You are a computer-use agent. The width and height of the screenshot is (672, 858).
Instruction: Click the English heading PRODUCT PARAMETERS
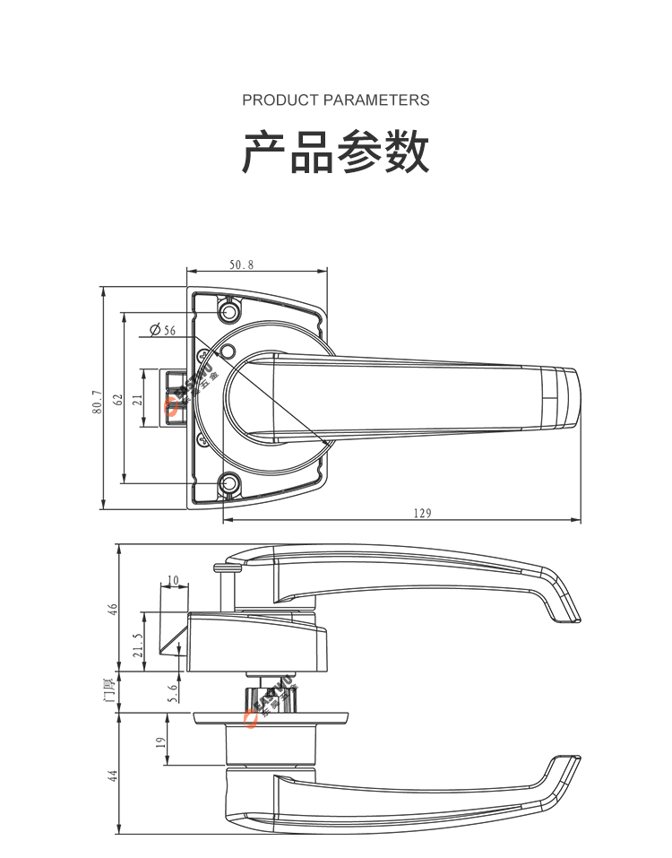point(335,100)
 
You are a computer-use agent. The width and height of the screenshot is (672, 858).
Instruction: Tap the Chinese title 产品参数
point(336,152)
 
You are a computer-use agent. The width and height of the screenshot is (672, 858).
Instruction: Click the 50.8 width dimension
point(241,265)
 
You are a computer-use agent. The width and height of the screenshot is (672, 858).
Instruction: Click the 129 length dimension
point(422,514)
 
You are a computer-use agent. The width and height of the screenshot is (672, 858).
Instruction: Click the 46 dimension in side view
point(113,607)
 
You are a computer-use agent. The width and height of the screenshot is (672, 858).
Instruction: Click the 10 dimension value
point(173,579)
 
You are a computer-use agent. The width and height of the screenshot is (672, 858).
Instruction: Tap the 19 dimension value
point(159,742)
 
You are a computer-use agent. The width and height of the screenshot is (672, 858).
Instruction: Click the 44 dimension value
point(113,776)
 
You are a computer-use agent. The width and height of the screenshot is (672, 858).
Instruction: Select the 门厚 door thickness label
point(110,691)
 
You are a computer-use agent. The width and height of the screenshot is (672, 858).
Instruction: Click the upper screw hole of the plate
point(230,311)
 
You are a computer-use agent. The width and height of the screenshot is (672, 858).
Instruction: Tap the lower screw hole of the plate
point(230,485)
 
